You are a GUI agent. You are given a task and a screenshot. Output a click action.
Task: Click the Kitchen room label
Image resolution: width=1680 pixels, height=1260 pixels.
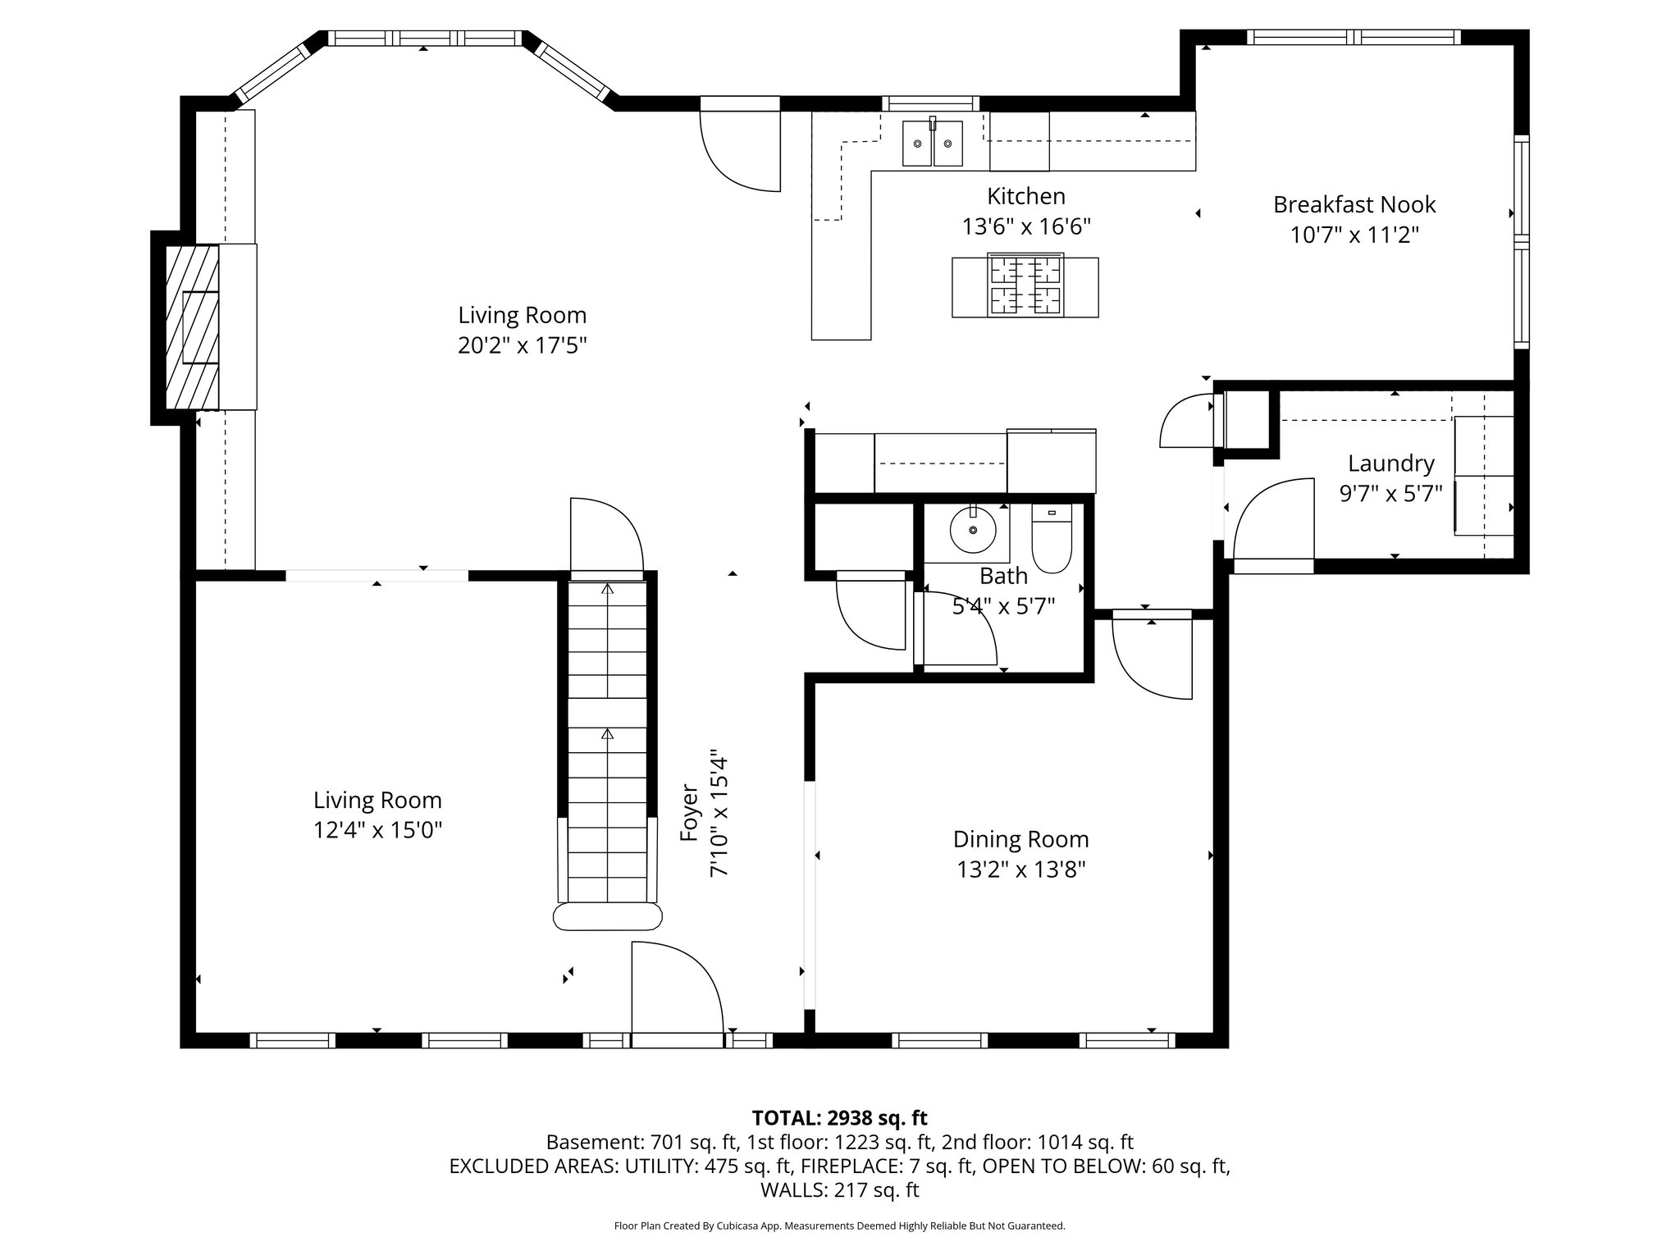click(1025, 197)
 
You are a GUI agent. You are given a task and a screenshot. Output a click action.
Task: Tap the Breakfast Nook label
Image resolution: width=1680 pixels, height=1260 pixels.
click(1354, 205)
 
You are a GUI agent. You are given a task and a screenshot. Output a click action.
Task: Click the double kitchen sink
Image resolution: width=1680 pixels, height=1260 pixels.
click(933, 144)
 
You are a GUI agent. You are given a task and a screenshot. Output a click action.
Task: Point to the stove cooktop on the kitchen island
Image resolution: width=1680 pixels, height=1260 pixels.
click(1025, 286)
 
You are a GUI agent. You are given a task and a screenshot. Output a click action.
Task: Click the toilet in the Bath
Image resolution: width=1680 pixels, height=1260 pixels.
click(1051, 541)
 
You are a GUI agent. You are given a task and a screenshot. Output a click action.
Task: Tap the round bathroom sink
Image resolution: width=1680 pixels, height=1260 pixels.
click(973, 531)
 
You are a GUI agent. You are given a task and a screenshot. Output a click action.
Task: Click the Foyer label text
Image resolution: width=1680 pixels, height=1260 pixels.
click(689, 812)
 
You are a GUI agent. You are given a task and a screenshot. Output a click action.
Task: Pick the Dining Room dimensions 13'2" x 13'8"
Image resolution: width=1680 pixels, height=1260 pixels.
click(1020, 870)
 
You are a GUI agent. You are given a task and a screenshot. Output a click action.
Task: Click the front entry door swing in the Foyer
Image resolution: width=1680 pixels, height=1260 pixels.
click(674, 993)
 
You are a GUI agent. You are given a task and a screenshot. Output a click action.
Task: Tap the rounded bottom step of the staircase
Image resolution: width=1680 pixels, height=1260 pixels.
click(607, 916)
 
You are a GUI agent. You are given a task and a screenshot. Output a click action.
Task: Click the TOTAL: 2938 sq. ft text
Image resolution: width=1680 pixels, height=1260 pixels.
click(839, 1117)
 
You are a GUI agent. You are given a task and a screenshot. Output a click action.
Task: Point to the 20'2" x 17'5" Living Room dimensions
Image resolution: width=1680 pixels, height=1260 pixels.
click(522, 346)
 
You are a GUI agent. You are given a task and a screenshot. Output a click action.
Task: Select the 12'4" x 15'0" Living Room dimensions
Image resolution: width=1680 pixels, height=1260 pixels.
click(377, 830)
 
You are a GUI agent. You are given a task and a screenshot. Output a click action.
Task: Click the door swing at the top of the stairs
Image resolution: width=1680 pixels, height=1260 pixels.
click(605, 533)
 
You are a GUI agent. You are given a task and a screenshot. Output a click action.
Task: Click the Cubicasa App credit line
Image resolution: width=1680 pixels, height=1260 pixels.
click(839, 1226)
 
